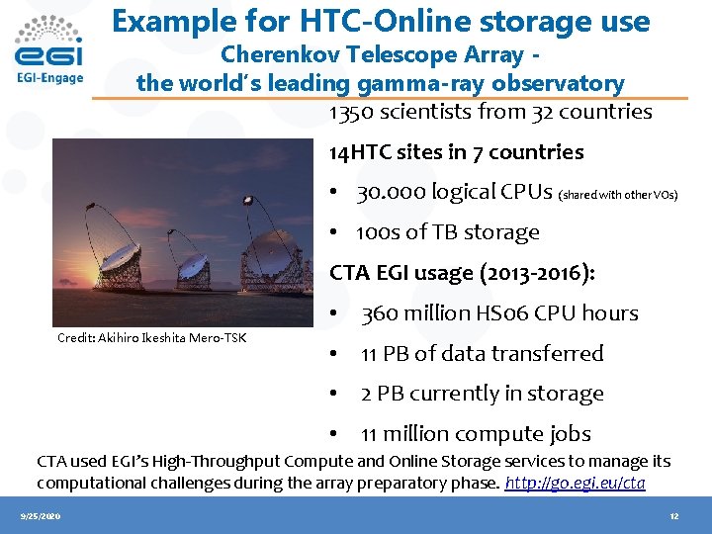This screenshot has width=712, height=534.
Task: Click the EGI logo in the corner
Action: tap(50, 49)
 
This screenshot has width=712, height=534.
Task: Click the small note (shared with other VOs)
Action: tap(619, 195)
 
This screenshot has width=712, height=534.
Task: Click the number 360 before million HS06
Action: tap(380, 313)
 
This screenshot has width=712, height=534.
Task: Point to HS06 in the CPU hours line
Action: tap(499, 313)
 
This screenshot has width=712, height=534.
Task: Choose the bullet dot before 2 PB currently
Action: tap(336, 394)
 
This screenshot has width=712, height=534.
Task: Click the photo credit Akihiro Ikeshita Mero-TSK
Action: tap(151, 338)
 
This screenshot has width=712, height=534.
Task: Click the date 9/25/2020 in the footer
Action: tap(40, 516)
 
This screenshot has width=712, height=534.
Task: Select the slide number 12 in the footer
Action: tap(673, 516)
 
